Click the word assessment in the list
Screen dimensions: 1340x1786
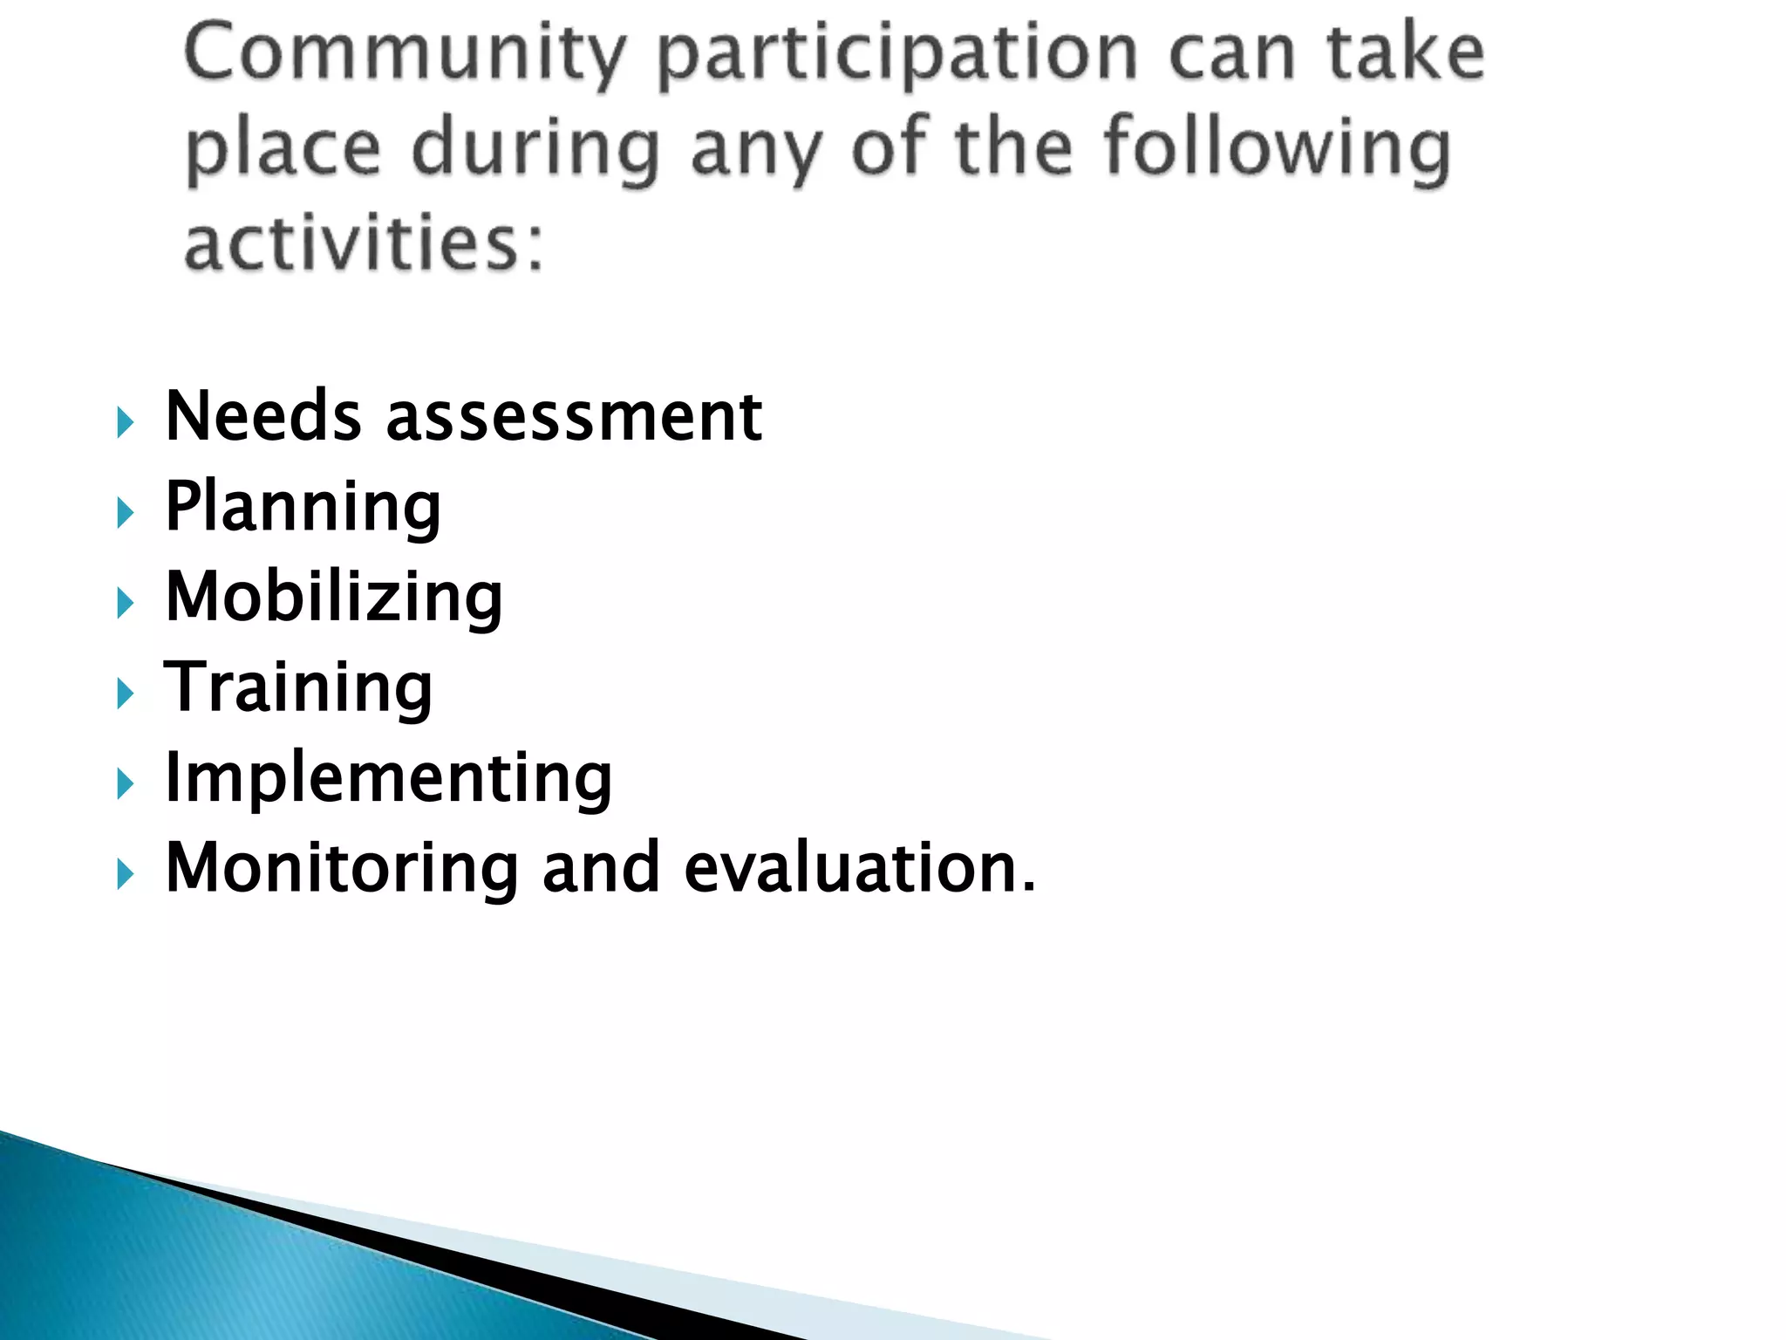tap(574, 417)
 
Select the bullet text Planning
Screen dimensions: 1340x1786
tap(303, 508)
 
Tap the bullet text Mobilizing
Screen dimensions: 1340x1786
tap(334, 598)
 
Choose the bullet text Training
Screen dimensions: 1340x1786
tap(298, 688)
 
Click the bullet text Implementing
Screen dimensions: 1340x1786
tap(388, 777)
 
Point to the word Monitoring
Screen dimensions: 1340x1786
tap(342, 869)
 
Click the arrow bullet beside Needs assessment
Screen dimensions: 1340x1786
tap(126, 423)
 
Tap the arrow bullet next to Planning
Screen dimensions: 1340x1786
tap(126, 513)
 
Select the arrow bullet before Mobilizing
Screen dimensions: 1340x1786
tap(126, 604)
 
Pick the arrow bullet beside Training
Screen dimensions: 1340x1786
tap(126, 694)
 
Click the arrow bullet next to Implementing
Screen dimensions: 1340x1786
tap(126, 784)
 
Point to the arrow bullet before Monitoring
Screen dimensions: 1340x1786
tap(126, 874)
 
